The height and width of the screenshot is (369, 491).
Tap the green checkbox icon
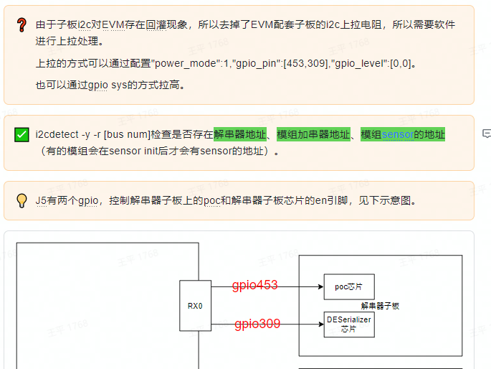pyautogui.click(x=22, y=134)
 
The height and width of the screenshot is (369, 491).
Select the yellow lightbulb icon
pyautogui.click(x=22, y=200)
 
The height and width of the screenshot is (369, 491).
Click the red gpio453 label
pyautogui.click(x=254, y=286)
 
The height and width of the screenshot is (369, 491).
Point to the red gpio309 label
pyautogui.click(x=257, y=324)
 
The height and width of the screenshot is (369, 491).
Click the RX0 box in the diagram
pyautogui.click(x=195, y=306)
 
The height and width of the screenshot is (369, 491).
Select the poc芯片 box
pyautogui.click(x=348, y=286)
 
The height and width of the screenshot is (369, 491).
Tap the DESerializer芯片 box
pyautogui.click(x=348, y=324)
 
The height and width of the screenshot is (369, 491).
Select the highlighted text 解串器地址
pyautogui.click(x=239, y=134)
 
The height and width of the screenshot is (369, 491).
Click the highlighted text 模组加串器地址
pyautogui.click(x=313, y=134)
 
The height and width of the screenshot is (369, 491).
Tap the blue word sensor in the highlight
pyautogui.click(x=397, y=134)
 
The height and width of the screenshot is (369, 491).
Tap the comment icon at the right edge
pyautogui.click(x=487, y=134)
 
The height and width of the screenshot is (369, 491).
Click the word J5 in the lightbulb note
pyautogui.click(x=42, y=200)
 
